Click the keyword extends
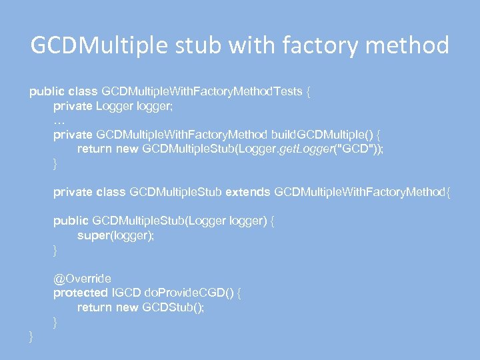[247, 192]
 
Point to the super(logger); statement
[115, 235]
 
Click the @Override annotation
[82, 278]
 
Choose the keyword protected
[80, 293]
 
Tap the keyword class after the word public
[79, 91]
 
